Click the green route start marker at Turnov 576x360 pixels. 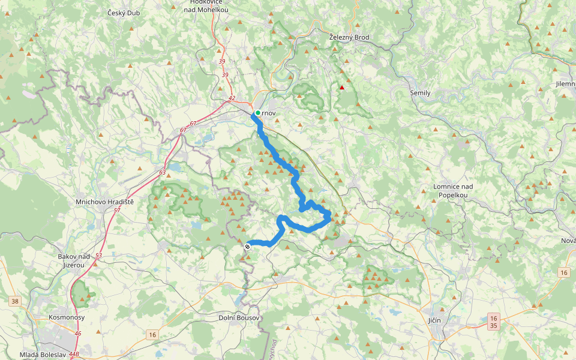[x=257, y=113]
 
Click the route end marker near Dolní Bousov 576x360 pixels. [x=247, y=246]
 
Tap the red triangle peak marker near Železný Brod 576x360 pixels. [x=342, y=88]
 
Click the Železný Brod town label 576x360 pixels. [x=349, y=37]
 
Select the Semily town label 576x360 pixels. [x=420, y=93]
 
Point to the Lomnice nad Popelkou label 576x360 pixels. [x=453, y=191]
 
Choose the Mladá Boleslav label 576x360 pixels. [x=42, y=355]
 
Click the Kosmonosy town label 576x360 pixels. [x=67, y=317]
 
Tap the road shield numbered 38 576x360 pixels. [x=15, y=301]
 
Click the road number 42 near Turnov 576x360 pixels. [x=232, y=98]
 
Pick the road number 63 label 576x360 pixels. [x=162, y=172]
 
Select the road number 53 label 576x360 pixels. [x=98, y=256]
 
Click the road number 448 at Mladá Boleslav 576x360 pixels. [x=74, y=354]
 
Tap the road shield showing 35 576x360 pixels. [x=493, y=326]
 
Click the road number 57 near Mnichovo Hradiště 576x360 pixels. [x=116, y=211]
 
